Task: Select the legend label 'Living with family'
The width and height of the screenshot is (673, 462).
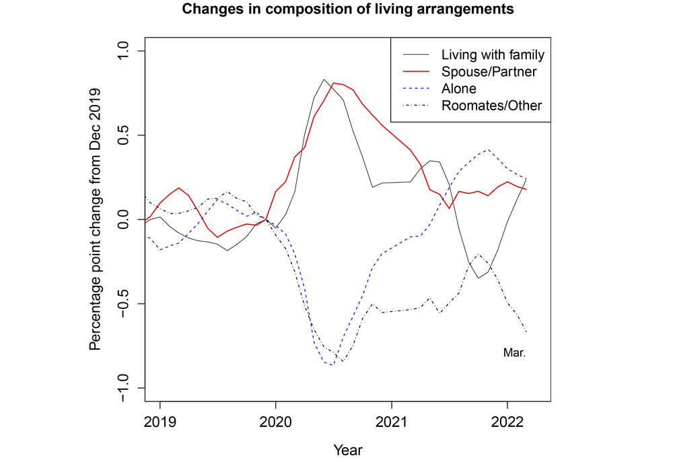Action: pos(492,55)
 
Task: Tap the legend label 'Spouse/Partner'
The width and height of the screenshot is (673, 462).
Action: pos(489,71)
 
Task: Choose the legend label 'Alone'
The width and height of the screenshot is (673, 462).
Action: pos(458,88)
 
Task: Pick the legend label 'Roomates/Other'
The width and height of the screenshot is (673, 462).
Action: pos(491,105)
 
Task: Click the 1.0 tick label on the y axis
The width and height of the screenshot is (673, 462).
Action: pos(125,51)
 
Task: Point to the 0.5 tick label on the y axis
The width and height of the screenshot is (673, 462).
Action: pos(125,135)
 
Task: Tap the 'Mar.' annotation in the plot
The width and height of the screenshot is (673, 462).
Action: pos(514,352)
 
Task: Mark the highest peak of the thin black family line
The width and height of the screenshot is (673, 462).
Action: pos(324,79)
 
